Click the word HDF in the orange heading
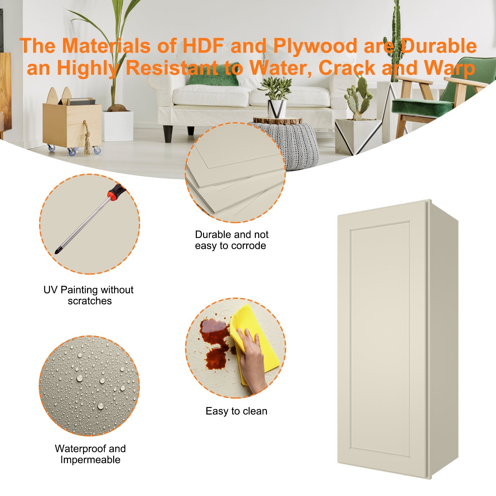tap(203, 46)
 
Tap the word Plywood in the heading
tap(315, 46)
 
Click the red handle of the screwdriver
tap(115, 191)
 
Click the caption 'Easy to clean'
tap(236, 411)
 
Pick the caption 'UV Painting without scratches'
tap(89, 295)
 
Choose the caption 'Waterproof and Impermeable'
tap(90, 454)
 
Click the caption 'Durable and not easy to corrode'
tap(231, 240)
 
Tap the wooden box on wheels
tap(72, 124)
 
